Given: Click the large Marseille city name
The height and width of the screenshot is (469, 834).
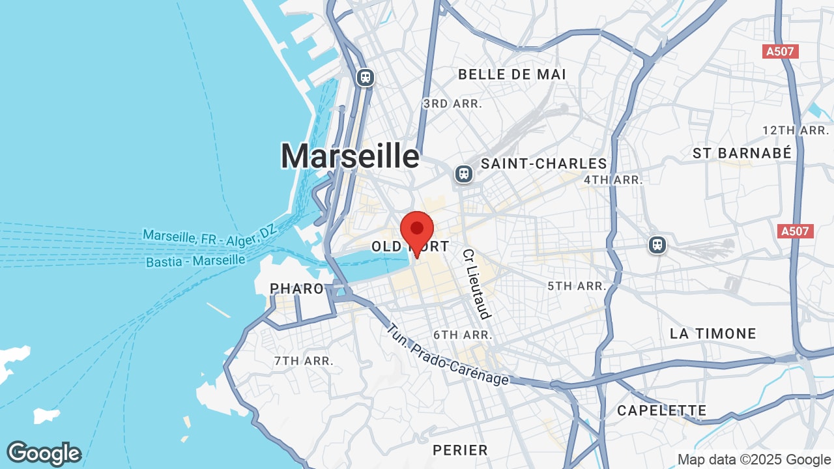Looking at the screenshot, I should [x=350, y=156].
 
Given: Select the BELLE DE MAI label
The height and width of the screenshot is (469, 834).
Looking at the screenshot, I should [x=512, y=74].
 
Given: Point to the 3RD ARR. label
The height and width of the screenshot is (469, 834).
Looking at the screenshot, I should [x=452, y=104].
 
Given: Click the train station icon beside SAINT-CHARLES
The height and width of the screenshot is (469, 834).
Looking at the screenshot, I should [x=463, y=174].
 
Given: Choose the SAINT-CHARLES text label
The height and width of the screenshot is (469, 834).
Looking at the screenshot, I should [x=543, y=163].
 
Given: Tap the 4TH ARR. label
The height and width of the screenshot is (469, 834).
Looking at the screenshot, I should [x=613, y=180].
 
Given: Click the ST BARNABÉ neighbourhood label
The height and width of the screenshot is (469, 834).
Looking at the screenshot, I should [x=741, y=153].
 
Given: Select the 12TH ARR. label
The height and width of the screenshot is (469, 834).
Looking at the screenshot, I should [x=795, y=130].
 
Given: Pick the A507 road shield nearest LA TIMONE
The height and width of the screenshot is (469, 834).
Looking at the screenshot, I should [x=796, y=231].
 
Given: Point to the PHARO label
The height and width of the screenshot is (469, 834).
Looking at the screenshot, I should [x=296, y=289].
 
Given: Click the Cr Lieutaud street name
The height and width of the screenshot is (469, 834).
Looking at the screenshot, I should [x=476, y=283].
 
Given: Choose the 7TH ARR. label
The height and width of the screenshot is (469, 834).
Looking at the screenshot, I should [x=304, y=360].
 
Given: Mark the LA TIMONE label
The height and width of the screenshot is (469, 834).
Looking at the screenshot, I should [x=713, y=334].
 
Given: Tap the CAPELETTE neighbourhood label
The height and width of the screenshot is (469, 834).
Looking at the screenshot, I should [x=661, y=410].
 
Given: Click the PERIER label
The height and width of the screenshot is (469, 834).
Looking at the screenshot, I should [x=460, y=450].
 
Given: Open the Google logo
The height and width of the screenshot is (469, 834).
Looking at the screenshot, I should [x=44, y=453].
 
